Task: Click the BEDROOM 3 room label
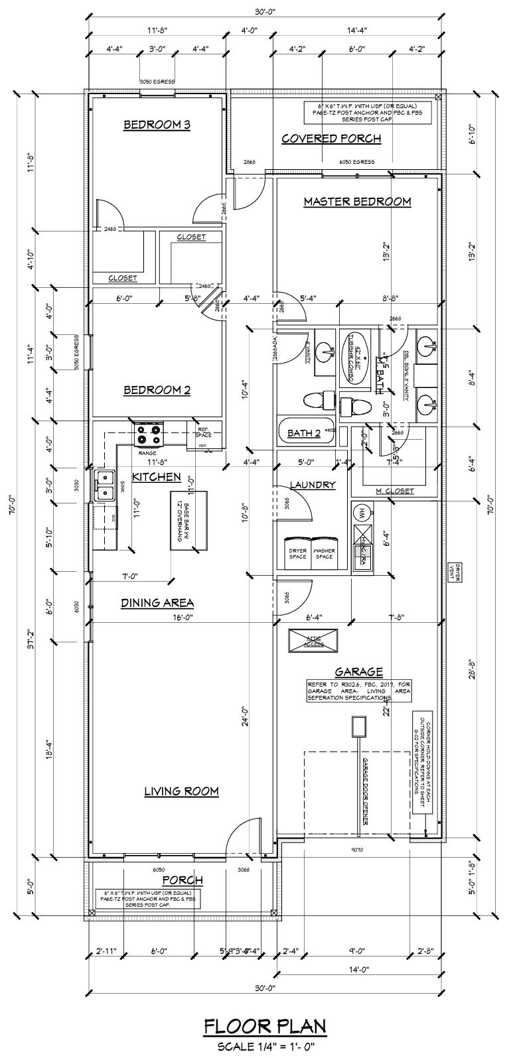pos(157,125)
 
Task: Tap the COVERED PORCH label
pos(331,139)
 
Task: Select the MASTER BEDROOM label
pos(357,201)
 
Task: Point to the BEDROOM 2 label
pos(157,390)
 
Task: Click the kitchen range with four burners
pos(149,435)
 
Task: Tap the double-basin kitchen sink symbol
pos(104,485)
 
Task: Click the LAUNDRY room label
pos(312,485)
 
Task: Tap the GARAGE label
pos(358,672)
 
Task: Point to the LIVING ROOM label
pos(181,791)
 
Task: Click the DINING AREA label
pos(157,603)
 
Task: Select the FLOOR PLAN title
pos(265,1027)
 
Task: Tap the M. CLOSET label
pos(395,491)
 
